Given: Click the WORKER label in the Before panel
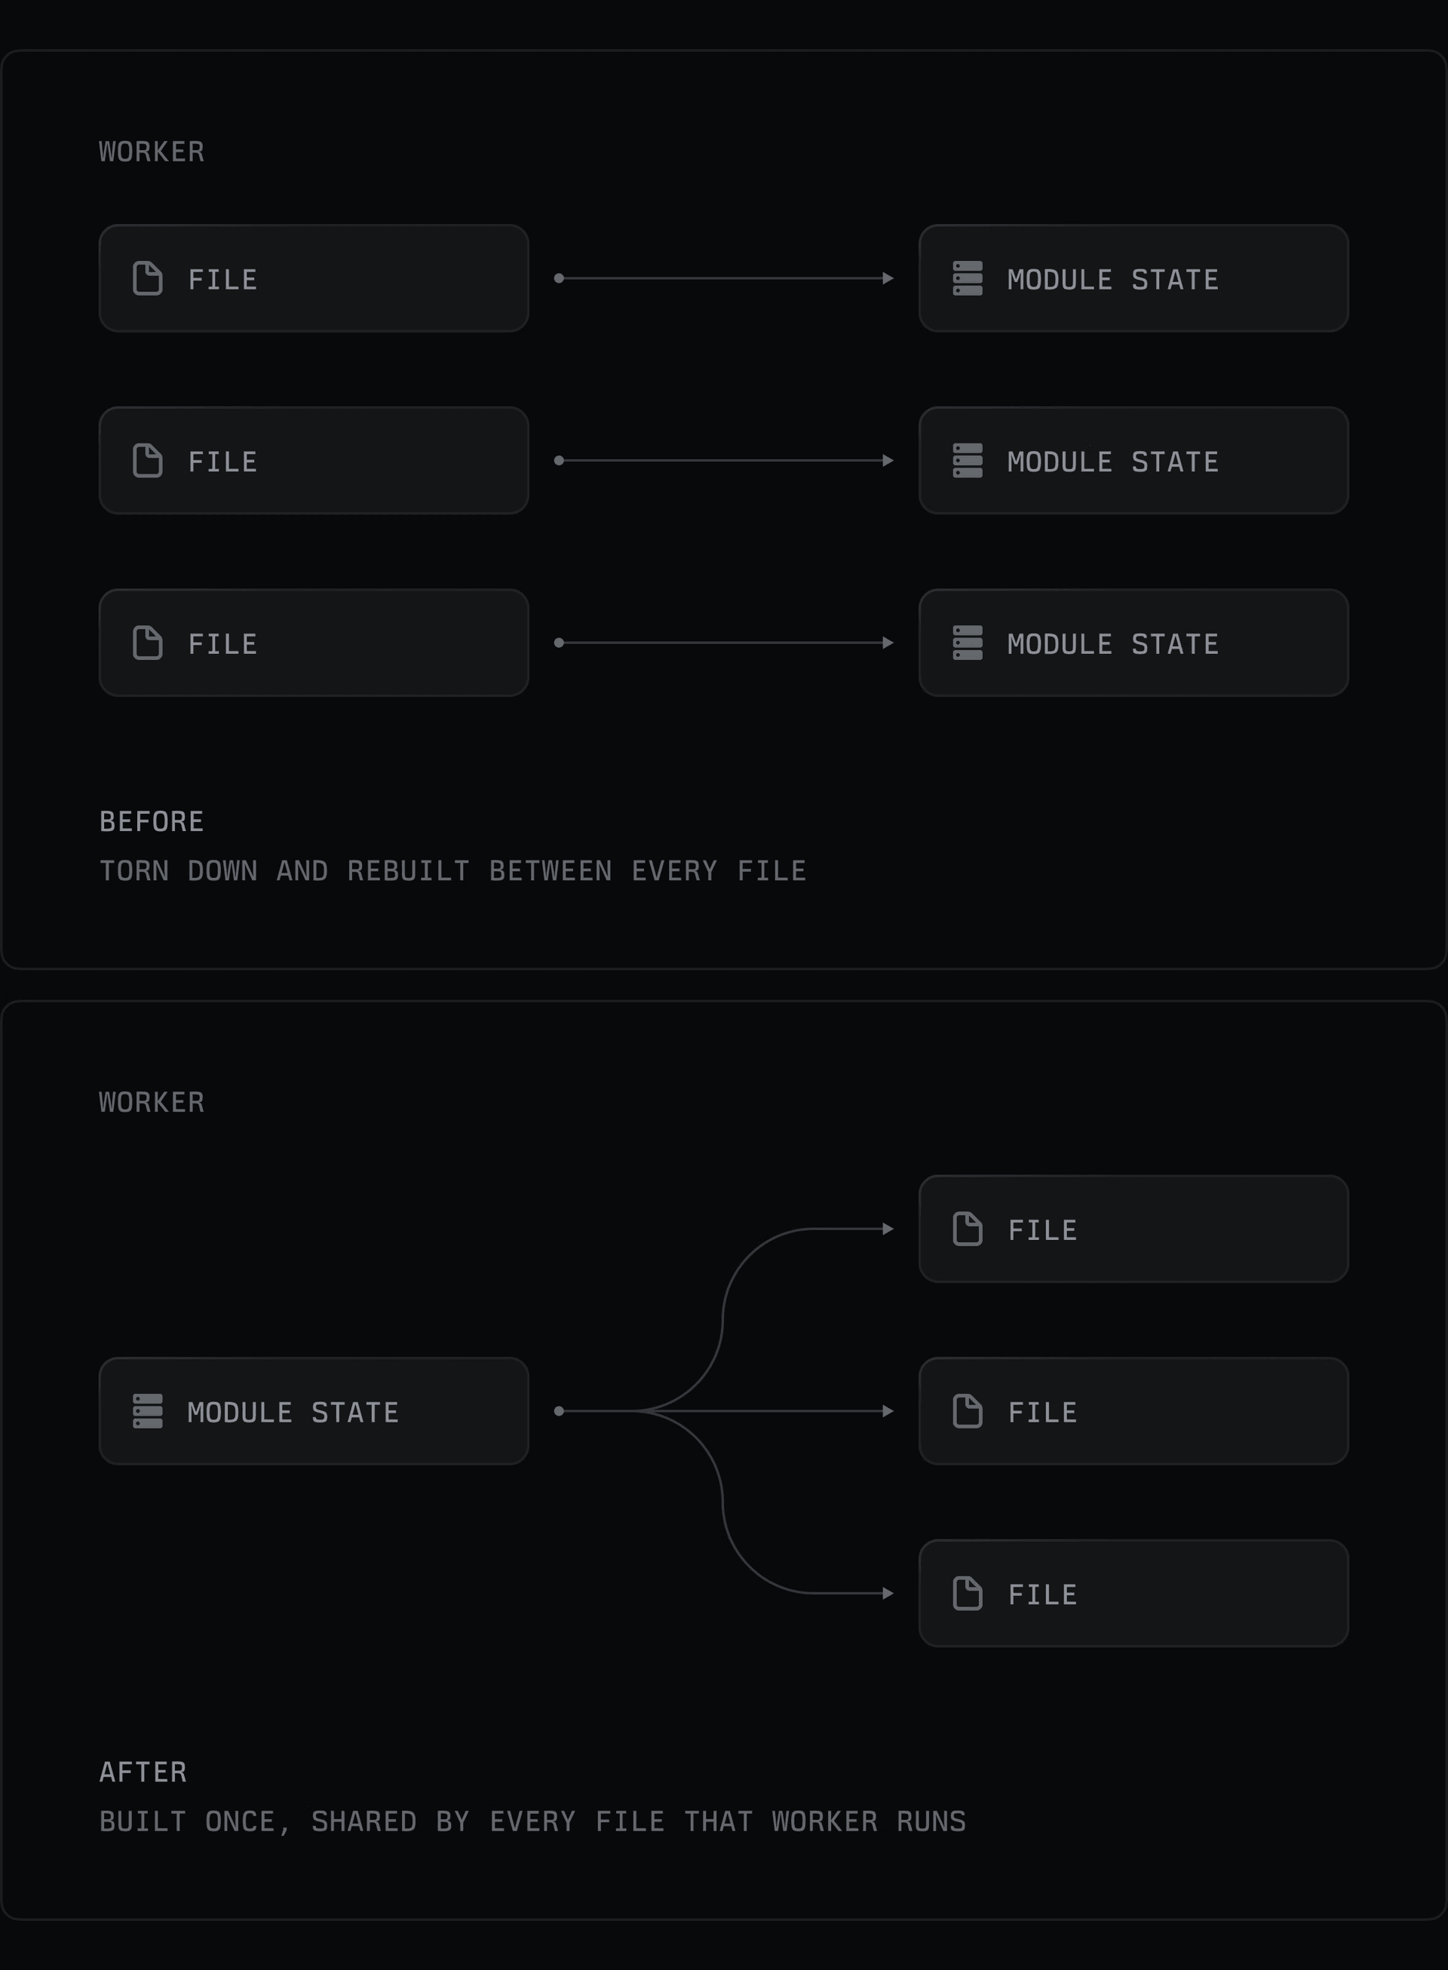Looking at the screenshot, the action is tap(152, 152).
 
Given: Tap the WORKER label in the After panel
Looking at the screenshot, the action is tap(152, 1102).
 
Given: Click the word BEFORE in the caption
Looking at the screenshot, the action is tap(152, 821).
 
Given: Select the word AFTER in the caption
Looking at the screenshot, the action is tap(143, 1771).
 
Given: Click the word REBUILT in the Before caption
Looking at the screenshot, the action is tap(409, 870).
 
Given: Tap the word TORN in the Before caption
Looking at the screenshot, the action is tap(134, 870).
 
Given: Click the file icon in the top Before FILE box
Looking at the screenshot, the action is tap(147, 278).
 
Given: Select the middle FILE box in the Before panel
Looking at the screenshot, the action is tap(314, 460).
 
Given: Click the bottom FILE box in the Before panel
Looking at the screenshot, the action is tap(314, 643).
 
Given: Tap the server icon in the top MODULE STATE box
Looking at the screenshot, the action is tap(968, 278).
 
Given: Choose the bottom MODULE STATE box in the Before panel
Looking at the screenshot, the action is tap(1134, 643).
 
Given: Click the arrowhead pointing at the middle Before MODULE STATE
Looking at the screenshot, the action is tap(888, 460).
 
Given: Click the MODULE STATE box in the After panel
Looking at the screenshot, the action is tap(314, 1411).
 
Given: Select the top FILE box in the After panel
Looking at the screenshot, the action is tap(1134, 1229).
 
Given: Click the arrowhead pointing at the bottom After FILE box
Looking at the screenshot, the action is tap(888, 1593).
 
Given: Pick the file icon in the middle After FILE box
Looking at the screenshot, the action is tap(968, 1411).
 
